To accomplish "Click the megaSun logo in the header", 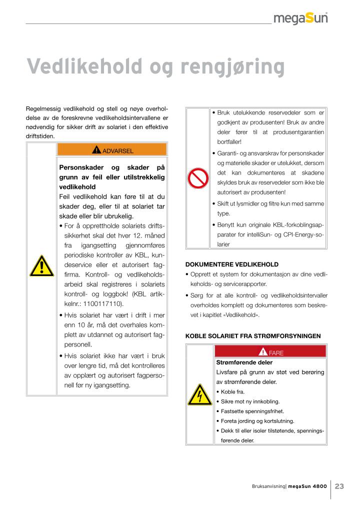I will tap(300, 18).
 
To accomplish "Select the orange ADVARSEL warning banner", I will tap(112, 149).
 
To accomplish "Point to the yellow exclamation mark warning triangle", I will tap(41, 266).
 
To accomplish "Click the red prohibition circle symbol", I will tap(197, 178).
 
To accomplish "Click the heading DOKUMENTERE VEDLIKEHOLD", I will tap(232, 264).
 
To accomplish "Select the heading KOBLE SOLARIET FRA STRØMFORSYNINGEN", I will tap(252, 336).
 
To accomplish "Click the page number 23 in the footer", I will tap(339, 486).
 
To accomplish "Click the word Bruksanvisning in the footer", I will tap(268, 486).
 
